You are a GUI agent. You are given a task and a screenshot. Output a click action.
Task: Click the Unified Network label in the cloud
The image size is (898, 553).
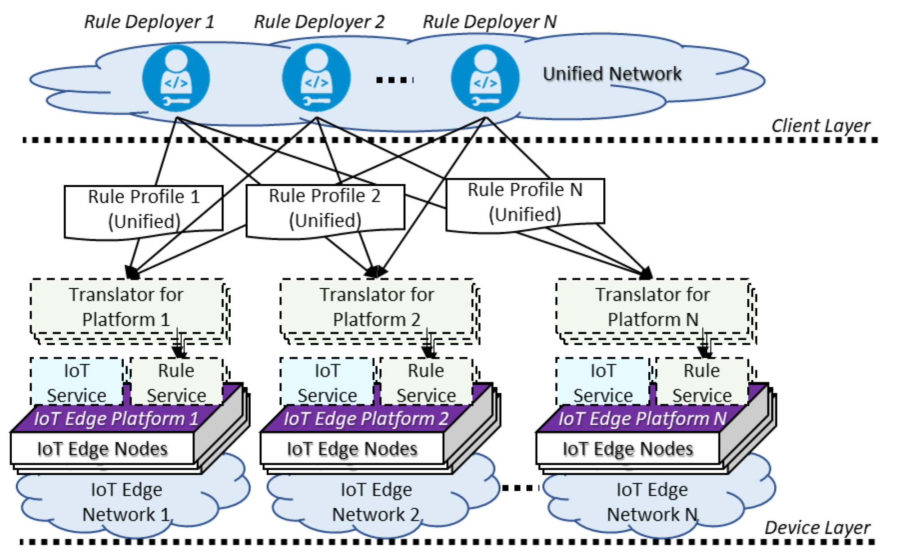click(x=612, y=74)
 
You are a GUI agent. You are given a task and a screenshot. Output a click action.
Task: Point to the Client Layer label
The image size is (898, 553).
click(x=821, y=126)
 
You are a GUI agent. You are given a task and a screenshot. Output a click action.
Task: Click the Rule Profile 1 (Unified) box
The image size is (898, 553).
click(x=144, y=209)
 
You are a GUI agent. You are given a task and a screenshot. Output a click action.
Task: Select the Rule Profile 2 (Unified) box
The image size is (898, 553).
click(x=325, y=208)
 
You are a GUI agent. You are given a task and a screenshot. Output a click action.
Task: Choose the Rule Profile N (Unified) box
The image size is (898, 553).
click(x=525, y=202)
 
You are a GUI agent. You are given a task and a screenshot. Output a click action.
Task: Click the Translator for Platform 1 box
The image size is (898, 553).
click(x=126, y=307)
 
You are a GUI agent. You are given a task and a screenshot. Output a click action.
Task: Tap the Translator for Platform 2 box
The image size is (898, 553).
click(x=377, y=307)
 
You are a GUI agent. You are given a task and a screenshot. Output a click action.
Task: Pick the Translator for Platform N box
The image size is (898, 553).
click(x=652, y=307)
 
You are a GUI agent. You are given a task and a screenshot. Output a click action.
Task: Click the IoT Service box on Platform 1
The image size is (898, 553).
click(x=76, y=382)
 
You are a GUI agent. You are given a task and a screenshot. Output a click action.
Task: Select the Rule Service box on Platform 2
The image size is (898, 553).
click(x=426, y=382)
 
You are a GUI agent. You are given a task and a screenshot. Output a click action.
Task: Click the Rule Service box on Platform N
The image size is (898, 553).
click(x=701, y=382)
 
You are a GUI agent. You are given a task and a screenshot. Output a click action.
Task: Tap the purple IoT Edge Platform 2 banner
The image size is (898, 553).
click(x=365, y=419)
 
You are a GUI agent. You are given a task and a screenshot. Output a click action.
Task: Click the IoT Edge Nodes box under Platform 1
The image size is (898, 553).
click(x=103, y=449)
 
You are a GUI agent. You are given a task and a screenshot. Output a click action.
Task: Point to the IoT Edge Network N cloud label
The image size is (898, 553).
click(x=652, y=502)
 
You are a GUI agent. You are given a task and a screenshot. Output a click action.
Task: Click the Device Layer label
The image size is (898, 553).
click(x=817, y=528)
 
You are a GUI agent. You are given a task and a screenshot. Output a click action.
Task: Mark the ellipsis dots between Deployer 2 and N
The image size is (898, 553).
click(x=394, y=80)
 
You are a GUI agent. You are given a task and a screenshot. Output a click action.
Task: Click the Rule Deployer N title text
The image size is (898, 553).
click(x=490, y=22)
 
